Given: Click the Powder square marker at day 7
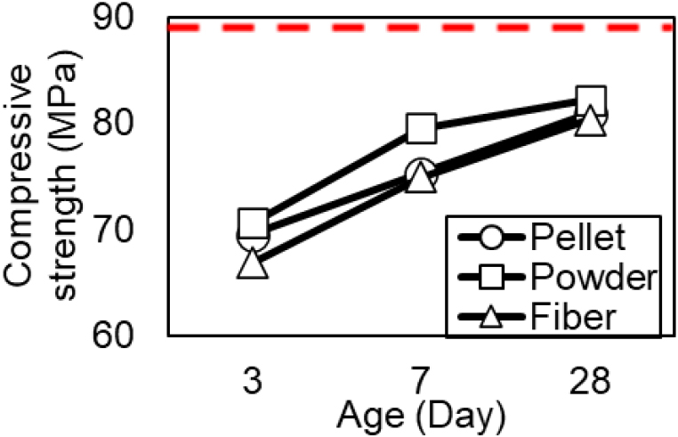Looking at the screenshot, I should pyautogui.click(x=421, y=129).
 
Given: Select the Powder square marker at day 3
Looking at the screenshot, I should pyautogui.click(x=254, y=223).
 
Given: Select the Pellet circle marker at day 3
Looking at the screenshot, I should pyautogui.click(x=253, y=237).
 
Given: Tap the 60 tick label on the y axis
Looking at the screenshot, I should pyautogui.click(x=133, y=336).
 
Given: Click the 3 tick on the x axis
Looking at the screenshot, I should pyautogui.click(x=253, y=384).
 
